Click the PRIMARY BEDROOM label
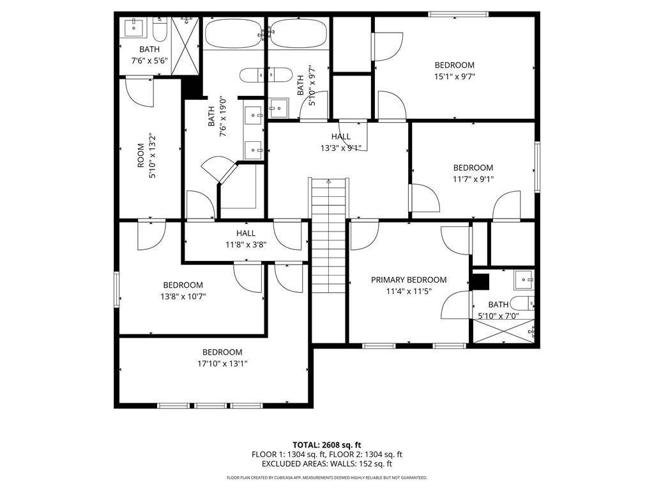coord(409,280)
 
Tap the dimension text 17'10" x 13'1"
coord(222,364)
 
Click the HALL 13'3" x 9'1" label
coord(340,142)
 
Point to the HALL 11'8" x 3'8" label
coord(245,238)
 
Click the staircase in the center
coord(329,237)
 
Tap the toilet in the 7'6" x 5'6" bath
coord(160,29)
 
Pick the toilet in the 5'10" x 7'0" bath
coord(521,302)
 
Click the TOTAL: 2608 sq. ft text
coord(327,445)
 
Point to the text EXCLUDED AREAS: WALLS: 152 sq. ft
coord(327,464)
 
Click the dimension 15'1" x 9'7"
coord(454,76)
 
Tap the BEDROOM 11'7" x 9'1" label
coord(473,173)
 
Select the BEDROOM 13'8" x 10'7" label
coord(183,290)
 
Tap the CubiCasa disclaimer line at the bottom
coord(327,478)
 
